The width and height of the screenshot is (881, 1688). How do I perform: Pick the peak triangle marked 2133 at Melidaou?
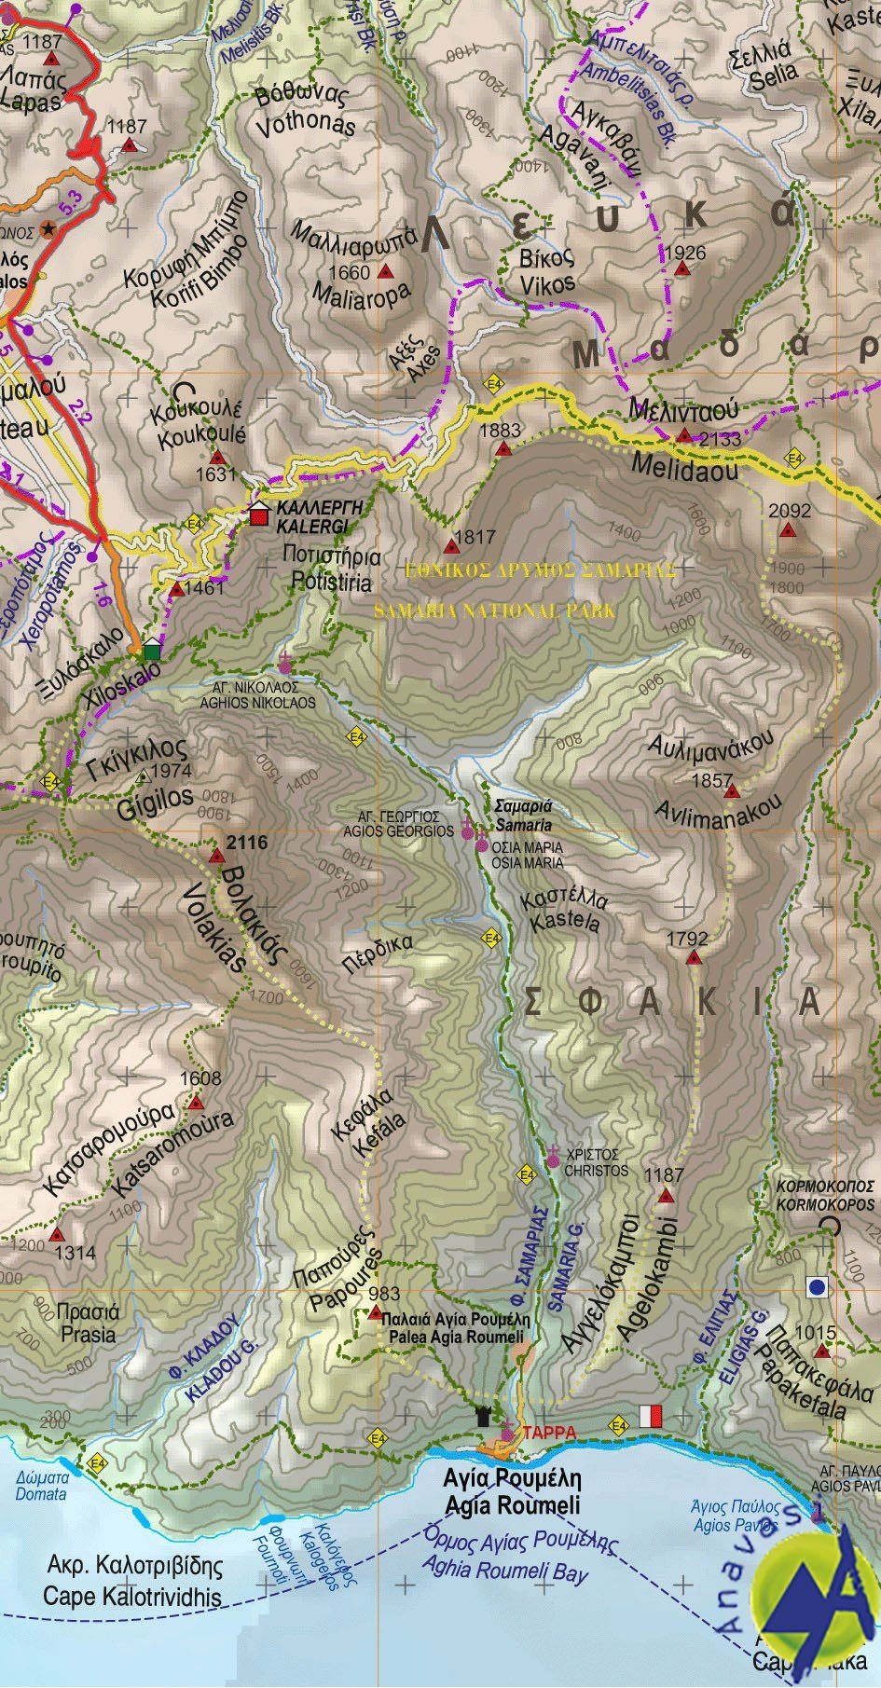[685, 435]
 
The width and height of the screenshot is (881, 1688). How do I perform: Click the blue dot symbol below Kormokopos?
[817, 1287]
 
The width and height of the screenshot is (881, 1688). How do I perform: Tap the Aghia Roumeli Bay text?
[505, 1566]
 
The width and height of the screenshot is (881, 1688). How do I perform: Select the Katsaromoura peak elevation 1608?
[200, 1078]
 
